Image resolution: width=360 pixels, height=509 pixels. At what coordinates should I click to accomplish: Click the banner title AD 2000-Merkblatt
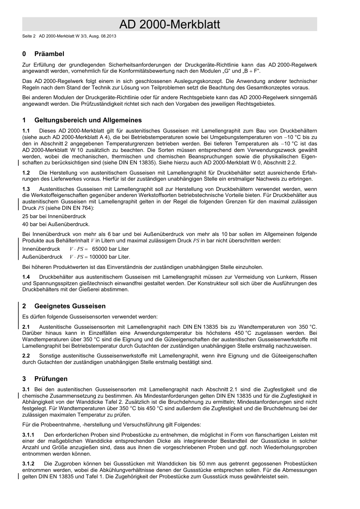(169, 24)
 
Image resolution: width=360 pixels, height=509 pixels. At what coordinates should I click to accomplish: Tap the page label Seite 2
(29, 36)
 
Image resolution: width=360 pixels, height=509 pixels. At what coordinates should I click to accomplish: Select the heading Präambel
(49, 54)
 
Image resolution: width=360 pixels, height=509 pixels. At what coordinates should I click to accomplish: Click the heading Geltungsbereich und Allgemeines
(88, 120)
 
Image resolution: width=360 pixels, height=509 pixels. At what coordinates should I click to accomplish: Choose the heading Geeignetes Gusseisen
(70, 306)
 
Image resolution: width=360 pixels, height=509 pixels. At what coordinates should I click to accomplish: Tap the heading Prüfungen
(51, 379)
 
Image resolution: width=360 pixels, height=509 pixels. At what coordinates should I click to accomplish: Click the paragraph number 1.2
(26, 173)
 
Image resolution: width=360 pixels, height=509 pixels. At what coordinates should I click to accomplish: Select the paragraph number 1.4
(26, 277)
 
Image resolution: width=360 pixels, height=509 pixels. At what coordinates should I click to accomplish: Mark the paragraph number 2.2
(26, 356)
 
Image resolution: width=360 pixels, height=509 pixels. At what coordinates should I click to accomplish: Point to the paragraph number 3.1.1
(28, 435)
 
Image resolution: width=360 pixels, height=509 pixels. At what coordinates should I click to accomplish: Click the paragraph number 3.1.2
(28, 464)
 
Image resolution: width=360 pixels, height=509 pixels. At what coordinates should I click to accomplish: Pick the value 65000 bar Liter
(110, 249)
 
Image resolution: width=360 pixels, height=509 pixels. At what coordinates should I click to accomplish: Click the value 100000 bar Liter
(110, 257)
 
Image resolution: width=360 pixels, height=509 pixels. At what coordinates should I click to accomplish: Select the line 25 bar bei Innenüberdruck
(54, 216)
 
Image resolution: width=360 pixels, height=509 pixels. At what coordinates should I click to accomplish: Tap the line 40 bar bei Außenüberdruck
(56, 224)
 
